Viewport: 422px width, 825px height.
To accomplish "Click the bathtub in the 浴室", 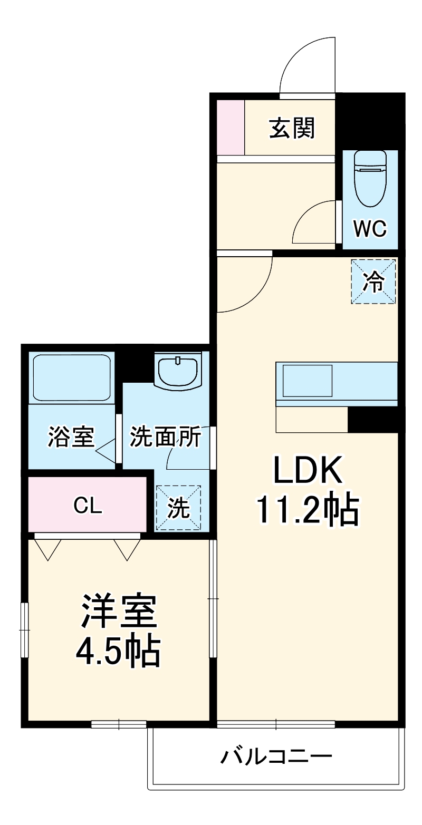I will pyautogui.click(x=72, y=377).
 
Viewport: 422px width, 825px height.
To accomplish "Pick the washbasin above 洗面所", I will pyautogui.click(x=178, y=371).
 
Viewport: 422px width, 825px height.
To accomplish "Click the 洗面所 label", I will pyautogui.click(x=165, y=436).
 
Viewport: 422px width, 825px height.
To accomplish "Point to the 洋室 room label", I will pyautogui.click(x=118, y=612).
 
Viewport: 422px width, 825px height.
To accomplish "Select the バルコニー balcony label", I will pyautogui.click(x=276, y=758).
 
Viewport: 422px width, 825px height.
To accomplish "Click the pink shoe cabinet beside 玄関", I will pyautogui.click(x=231, y=127).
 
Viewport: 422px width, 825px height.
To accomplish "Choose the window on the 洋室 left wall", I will pyautogui.click(x=24, y=630).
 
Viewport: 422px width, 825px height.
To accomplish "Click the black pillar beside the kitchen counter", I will pyautogui.click(x=372, y=420).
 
